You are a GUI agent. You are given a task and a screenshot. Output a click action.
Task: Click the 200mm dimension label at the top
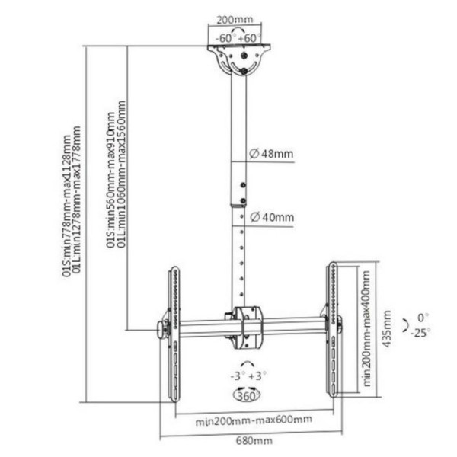(235, 20)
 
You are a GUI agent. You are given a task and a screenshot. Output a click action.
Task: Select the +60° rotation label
(249, 38)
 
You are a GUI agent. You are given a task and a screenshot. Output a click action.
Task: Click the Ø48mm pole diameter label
(271, 153)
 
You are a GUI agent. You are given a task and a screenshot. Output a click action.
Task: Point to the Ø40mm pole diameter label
(272, 217)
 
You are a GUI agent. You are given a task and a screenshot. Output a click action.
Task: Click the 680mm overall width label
(254, 440)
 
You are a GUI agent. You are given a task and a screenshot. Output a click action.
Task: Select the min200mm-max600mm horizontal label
(254, 420)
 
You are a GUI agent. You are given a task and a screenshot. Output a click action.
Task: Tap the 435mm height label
(386, 328)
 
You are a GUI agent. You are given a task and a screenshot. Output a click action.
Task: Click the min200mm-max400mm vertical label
(366, 328)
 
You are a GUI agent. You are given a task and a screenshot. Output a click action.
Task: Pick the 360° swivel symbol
(247, 395)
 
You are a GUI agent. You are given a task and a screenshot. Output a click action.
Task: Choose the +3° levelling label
(257, 376)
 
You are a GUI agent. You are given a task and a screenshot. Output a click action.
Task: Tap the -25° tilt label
(420, 333)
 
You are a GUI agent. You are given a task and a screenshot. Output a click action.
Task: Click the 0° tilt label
(423, 318)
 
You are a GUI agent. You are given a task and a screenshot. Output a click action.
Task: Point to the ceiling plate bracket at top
(239, 59)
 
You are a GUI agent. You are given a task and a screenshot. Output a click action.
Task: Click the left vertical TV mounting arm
(174, 334)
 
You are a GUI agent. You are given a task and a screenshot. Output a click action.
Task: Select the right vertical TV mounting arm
(333, 330)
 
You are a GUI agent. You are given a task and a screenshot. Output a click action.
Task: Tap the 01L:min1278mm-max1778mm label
(76, 200)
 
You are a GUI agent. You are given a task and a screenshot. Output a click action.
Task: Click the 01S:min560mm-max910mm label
(110, 181)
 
